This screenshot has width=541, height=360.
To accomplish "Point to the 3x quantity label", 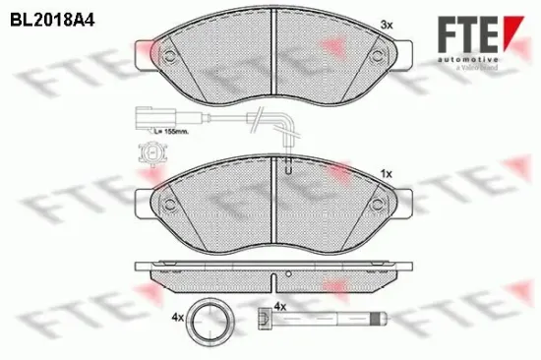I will pyautogui.click(x=389, y=24).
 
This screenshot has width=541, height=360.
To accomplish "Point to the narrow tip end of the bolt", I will pyautogui.click(x=383, y=318).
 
